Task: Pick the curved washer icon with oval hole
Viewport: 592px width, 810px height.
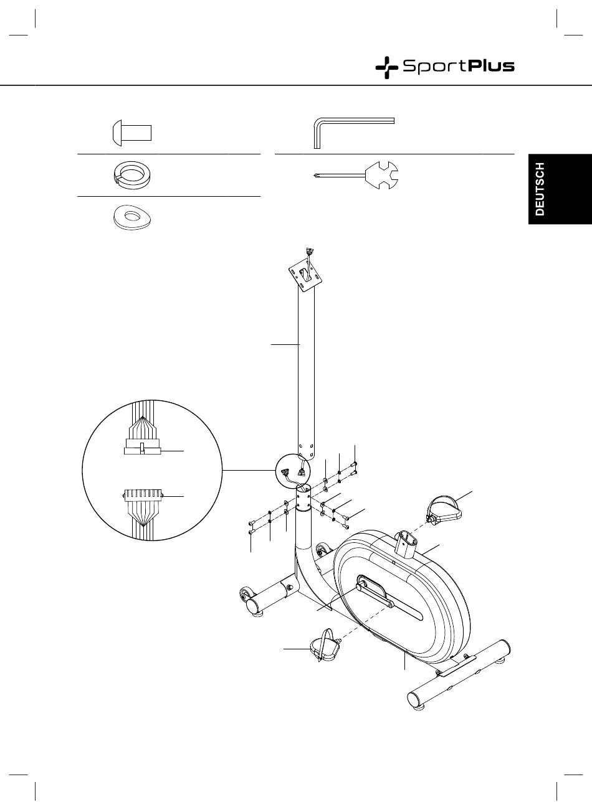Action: pyautogui.click(x=132, y=217)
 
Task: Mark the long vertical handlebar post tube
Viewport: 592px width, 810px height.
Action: pyautogui.click(x=305, y=374)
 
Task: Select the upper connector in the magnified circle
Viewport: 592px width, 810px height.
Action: pyautogui.click(x=142, y=446)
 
